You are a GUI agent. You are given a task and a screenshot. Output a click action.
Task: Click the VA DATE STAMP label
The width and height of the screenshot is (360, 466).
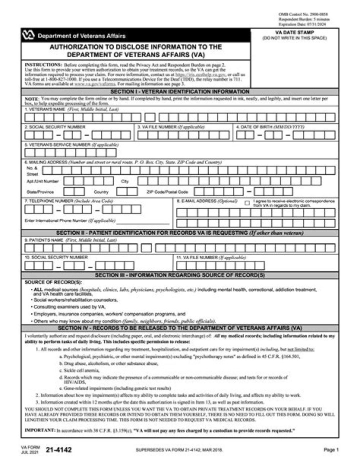(x=295, y=32)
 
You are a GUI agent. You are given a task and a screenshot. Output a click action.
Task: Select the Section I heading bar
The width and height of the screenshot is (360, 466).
(x=180, y=92)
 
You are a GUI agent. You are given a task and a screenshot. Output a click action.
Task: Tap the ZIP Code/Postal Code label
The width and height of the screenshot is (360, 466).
(x=167, y=192)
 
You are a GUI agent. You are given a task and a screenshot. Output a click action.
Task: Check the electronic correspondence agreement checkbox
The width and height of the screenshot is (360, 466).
(x=247, y=203)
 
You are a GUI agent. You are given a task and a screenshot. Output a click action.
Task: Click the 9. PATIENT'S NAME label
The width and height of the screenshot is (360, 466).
(x=70, y=240)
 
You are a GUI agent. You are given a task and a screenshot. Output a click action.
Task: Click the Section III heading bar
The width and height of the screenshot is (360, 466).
(x=180, y=275)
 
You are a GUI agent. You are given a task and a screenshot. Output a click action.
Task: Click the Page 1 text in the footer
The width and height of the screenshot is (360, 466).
(x=331, y=450)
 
